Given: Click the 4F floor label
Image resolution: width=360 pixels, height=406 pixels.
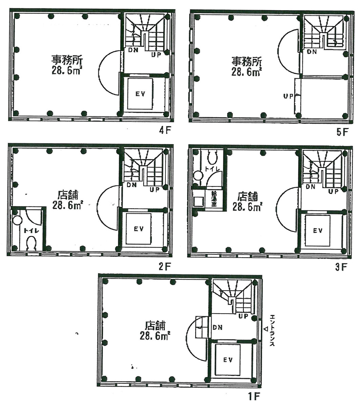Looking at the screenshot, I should [x=164, y=131].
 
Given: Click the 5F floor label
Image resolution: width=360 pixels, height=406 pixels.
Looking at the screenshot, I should [x=342, y=132].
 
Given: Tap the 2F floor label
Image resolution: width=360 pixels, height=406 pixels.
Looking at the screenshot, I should [x=164, y=266].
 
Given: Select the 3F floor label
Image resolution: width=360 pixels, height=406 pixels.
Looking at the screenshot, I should [x=341, y=267].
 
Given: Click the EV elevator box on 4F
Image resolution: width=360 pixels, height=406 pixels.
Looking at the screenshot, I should [x=140, y=94].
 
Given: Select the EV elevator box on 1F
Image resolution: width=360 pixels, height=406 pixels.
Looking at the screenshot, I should [x=228, y=360].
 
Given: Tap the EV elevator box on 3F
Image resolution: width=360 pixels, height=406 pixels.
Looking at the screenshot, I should [x=318, y=231].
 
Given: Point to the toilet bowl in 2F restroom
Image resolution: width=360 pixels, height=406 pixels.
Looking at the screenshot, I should [x=32, y=243].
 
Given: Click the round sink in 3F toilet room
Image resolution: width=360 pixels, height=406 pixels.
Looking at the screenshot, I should [x=198, y=175].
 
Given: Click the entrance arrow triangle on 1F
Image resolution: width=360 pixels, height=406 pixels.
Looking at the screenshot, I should [x=266, y=329].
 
